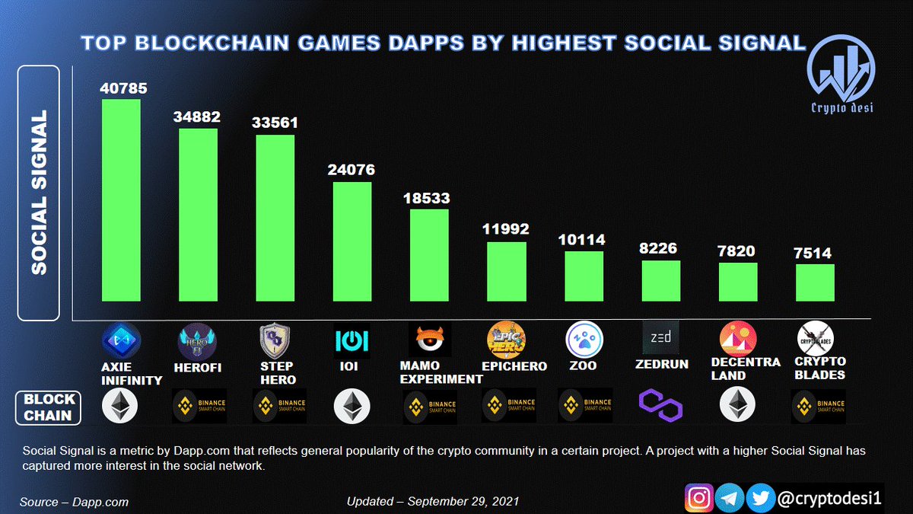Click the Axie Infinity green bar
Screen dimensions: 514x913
tap(122, 200)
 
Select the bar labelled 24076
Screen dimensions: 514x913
tap(353, 241)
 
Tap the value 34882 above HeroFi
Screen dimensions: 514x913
tap(196, 117)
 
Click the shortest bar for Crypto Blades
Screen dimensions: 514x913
tap(815, 283)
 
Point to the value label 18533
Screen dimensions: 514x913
tap(427, 198)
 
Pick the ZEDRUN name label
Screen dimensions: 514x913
tap(662, 365)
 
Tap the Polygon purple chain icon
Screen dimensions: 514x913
tap(660, 405)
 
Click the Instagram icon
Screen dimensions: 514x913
tap(698, 499)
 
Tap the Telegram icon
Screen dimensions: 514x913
tap(730, 499)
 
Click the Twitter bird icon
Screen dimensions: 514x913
tap(759, 499)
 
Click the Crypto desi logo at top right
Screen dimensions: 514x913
tap(841, 76)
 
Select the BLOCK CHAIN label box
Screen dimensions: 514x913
tap(49, 407)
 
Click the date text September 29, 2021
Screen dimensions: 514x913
tap(433, 502)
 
